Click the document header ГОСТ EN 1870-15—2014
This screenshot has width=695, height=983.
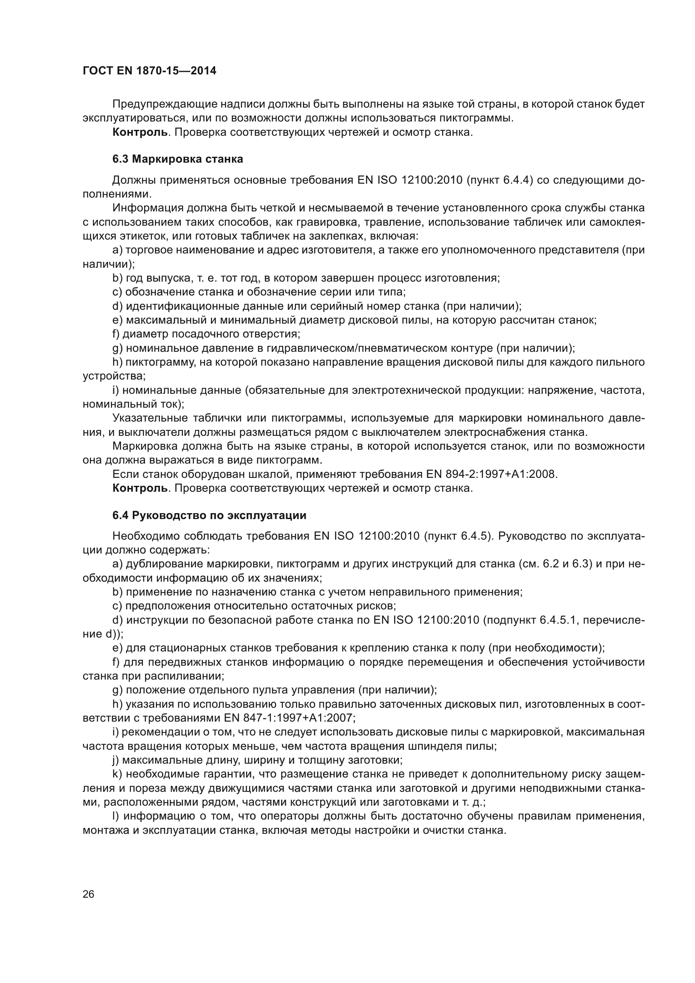tap(149, 71)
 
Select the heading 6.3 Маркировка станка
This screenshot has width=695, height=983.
tap(178, 159)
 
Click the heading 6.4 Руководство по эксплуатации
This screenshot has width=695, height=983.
tap(209, 516)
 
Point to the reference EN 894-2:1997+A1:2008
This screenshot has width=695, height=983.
tap(492, 474)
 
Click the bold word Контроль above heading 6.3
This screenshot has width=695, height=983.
tap(140, 132)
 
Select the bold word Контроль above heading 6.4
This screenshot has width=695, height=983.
tap(140, 488)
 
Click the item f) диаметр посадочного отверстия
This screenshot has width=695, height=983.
tap(206, 334)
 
